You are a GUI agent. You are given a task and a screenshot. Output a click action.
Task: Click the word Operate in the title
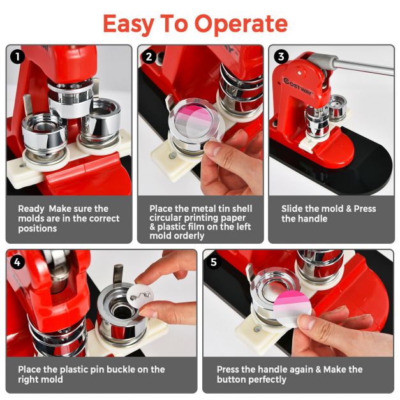[x=241, y=24]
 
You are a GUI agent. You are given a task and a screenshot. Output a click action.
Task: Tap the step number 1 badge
[x=18, y=56]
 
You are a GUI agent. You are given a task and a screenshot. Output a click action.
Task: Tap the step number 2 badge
[x=149, y=56]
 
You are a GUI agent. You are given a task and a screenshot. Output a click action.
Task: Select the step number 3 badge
[x=281, y=56]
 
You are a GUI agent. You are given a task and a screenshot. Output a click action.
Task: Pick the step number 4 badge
[x=18, y=261]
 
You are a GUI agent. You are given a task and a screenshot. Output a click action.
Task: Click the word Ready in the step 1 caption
[x=31, y=209]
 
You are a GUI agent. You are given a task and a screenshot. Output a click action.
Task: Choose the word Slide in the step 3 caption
[x=292, y=209]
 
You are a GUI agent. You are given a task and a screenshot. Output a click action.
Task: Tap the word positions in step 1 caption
[x=38, y=228]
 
